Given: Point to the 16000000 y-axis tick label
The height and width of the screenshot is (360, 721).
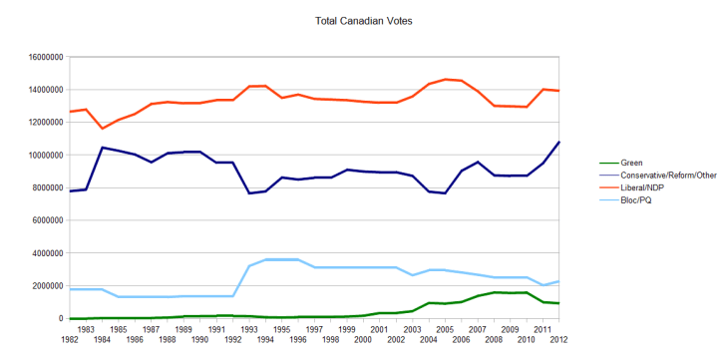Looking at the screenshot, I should [42, 57].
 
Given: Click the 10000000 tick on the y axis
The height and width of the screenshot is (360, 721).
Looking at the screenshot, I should [42, 155].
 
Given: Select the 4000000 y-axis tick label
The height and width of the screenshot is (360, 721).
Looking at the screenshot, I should [45, 253].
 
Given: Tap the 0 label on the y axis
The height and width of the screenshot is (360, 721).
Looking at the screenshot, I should [62, 318].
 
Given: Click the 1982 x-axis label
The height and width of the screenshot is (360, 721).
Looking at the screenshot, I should [70, 340].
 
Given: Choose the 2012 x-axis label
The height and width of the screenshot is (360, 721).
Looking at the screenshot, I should [558, 340].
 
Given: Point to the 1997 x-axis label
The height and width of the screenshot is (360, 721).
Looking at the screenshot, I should [314, 328].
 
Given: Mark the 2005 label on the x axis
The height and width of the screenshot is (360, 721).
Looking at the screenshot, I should [445, 328].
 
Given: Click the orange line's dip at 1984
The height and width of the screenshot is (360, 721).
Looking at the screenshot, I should [103, 129].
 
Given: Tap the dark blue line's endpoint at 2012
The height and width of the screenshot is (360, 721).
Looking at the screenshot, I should [558, 142].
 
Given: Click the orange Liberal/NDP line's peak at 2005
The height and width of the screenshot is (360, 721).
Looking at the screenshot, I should [445, 79].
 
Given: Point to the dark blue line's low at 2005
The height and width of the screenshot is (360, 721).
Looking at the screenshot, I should [445, 192].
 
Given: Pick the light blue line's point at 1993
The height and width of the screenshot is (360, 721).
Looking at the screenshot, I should [249, 266].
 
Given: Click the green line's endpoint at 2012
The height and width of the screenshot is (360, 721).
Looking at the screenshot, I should [558, 303].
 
